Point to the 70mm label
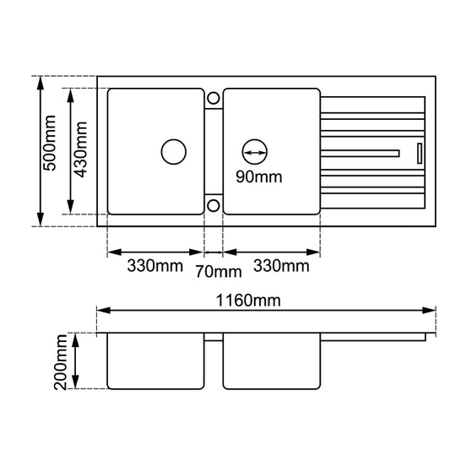[219, 271]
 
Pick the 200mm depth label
[58, 361]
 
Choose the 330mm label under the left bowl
[155, 266]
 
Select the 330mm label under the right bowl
[281, 266]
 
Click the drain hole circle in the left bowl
[174, 152]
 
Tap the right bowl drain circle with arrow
[255, 152]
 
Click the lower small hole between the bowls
[213, 204]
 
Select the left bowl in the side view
[155, 361]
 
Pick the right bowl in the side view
[272, 361]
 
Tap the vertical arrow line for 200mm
[76, 361]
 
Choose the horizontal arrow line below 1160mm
[266, 311]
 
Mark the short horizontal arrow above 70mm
[214, 252]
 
